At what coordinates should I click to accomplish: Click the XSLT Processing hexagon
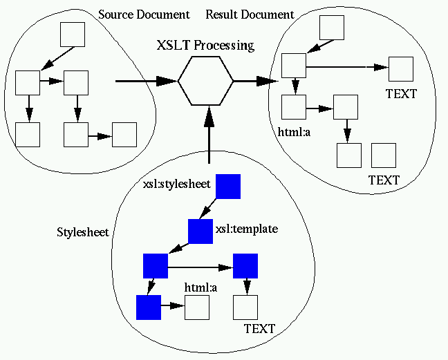coord(205,81)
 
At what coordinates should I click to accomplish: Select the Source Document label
coord(143,15)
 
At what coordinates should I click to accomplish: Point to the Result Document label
coord(250,15)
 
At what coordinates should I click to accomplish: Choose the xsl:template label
coord(247,228)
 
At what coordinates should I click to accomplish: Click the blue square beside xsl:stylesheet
coord(228,186)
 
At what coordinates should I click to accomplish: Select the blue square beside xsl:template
coord(200,231)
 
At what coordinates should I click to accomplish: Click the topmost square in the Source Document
coord(73,35)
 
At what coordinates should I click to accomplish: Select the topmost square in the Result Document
coord(332,27)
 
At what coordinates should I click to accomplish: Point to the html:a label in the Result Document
coord(294,130)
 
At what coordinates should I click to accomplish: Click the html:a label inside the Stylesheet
coord(200,287)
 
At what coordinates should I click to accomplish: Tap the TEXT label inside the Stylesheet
coord(259,328)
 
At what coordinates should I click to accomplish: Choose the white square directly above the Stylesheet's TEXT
coord(245,307)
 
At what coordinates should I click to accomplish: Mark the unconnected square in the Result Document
coord(384,155)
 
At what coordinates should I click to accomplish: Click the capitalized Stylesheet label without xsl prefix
coord(82,231)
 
